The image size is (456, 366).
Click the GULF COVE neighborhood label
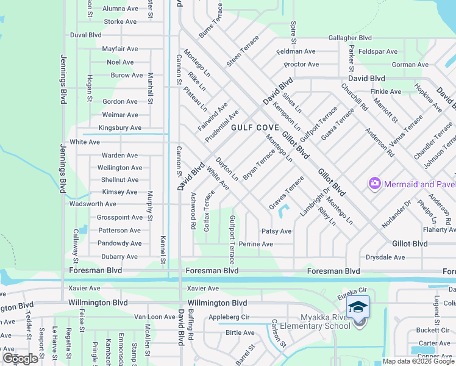pos(255,127)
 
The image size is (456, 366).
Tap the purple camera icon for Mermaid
pos(374,183)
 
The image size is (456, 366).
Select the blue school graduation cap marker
pos(358,307)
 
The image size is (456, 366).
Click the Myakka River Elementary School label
pos(326,321)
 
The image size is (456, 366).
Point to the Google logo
pos(20,359)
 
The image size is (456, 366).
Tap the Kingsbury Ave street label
pos(119,128)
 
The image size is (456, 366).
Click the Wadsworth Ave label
pos(93,204)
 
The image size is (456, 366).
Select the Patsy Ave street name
pos(276,231)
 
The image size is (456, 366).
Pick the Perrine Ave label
pos(256,244)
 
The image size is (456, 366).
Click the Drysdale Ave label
pos(385,257)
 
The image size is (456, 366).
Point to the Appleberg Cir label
pos(229,317)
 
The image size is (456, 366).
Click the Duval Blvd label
pos(86,35)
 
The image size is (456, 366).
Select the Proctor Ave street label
pos(301,64)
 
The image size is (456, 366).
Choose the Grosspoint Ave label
pos(120,217)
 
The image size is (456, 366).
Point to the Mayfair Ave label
pos(118,48)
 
